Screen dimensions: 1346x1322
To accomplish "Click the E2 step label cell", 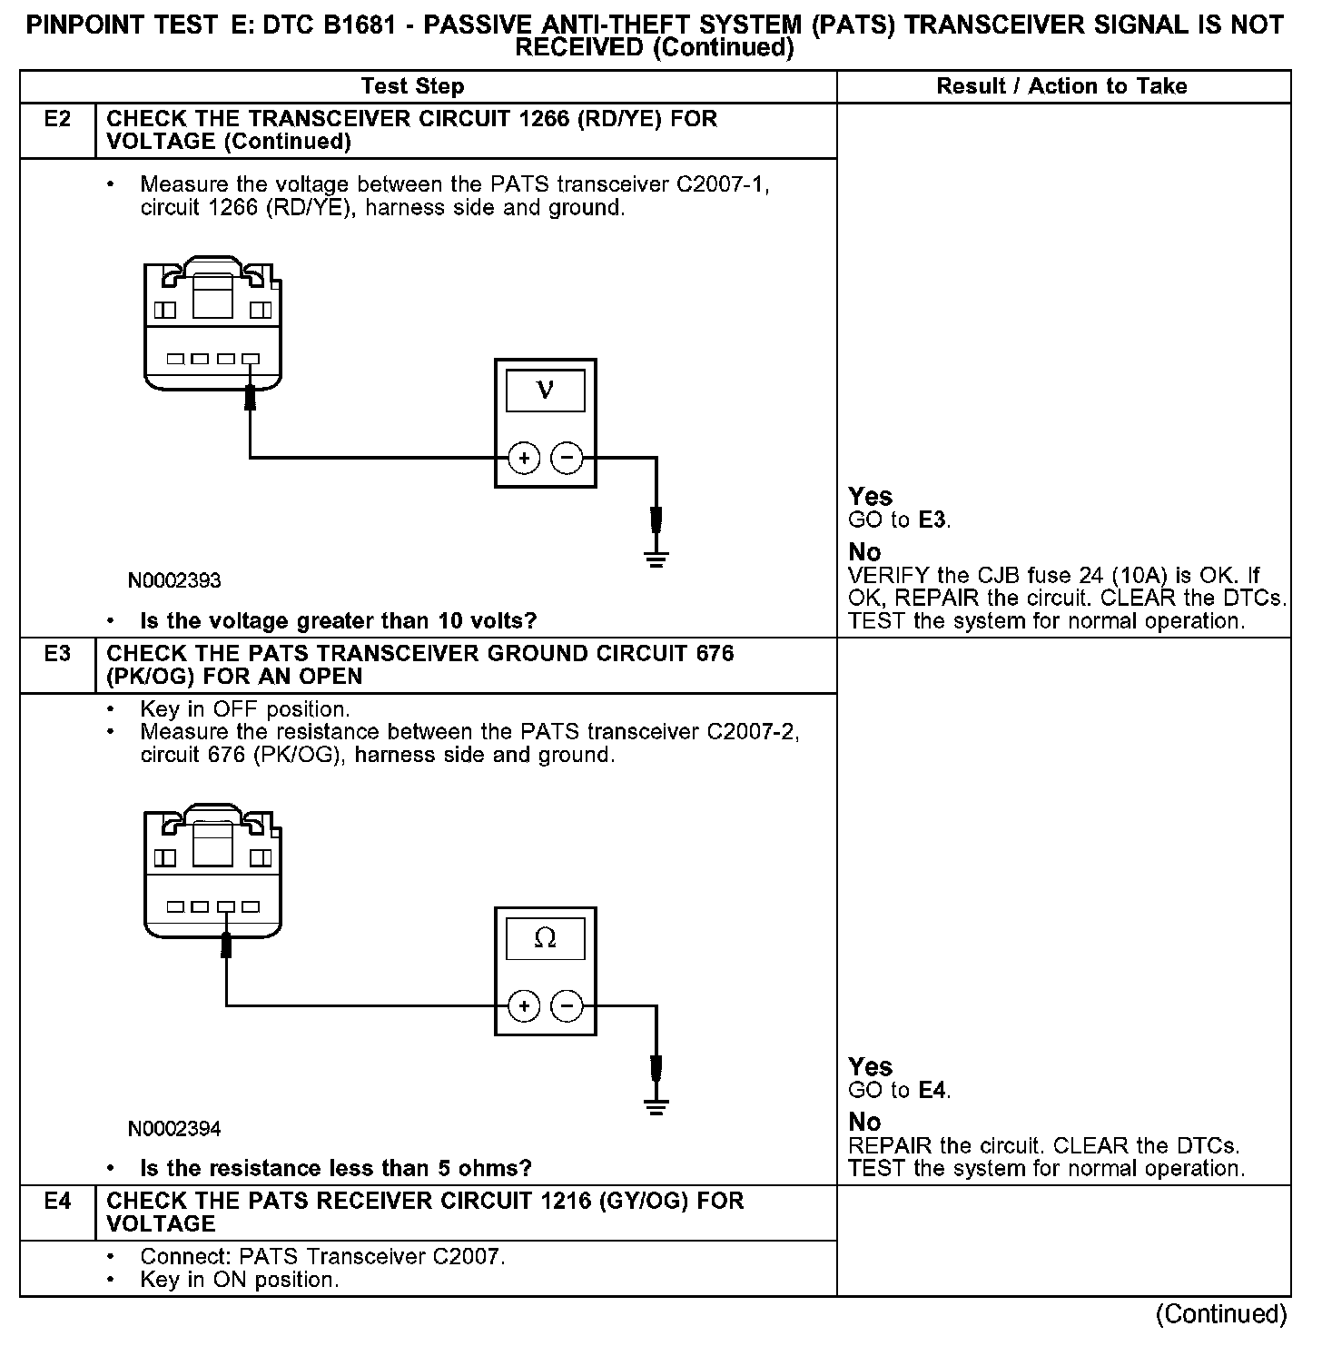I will click(x=56, y=120).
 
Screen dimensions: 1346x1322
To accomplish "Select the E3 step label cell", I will click(x=56, y=654).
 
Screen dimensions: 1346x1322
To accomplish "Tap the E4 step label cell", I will click(x=56, y=1202).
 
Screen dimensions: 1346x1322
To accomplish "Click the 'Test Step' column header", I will click(x=413, y=86).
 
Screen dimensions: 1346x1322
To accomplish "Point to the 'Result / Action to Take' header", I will click(x=1061, y=86).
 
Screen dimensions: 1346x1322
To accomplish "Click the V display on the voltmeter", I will click(x=545, y=391).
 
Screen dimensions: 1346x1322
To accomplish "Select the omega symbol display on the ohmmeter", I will click(x=545, y=938).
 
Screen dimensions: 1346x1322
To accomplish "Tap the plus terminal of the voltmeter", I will click(x=524, y=458).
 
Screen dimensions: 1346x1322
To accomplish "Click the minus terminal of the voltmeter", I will click(x=567, y=458).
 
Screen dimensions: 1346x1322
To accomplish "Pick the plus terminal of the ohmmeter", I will click(x=524, y=1005).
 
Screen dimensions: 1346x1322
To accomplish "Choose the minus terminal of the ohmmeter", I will click(x=567, y=1005).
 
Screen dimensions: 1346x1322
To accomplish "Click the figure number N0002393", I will click(x=174, y=580).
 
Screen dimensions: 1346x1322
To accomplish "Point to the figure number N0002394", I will click(x=174, y=1129).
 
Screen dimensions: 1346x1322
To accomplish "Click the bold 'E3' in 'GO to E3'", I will click(x=932, y=520).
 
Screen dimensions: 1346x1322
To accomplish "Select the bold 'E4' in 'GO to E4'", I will click(x=932, y=1090).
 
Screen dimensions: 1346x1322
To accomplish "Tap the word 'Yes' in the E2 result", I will click(x=870, y=497).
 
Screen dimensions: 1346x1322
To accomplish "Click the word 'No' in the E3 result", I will click(x=864, y=1123).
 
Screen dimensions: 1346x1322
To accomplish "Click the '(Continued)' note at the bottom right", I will click(x=1220, y=1314).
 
